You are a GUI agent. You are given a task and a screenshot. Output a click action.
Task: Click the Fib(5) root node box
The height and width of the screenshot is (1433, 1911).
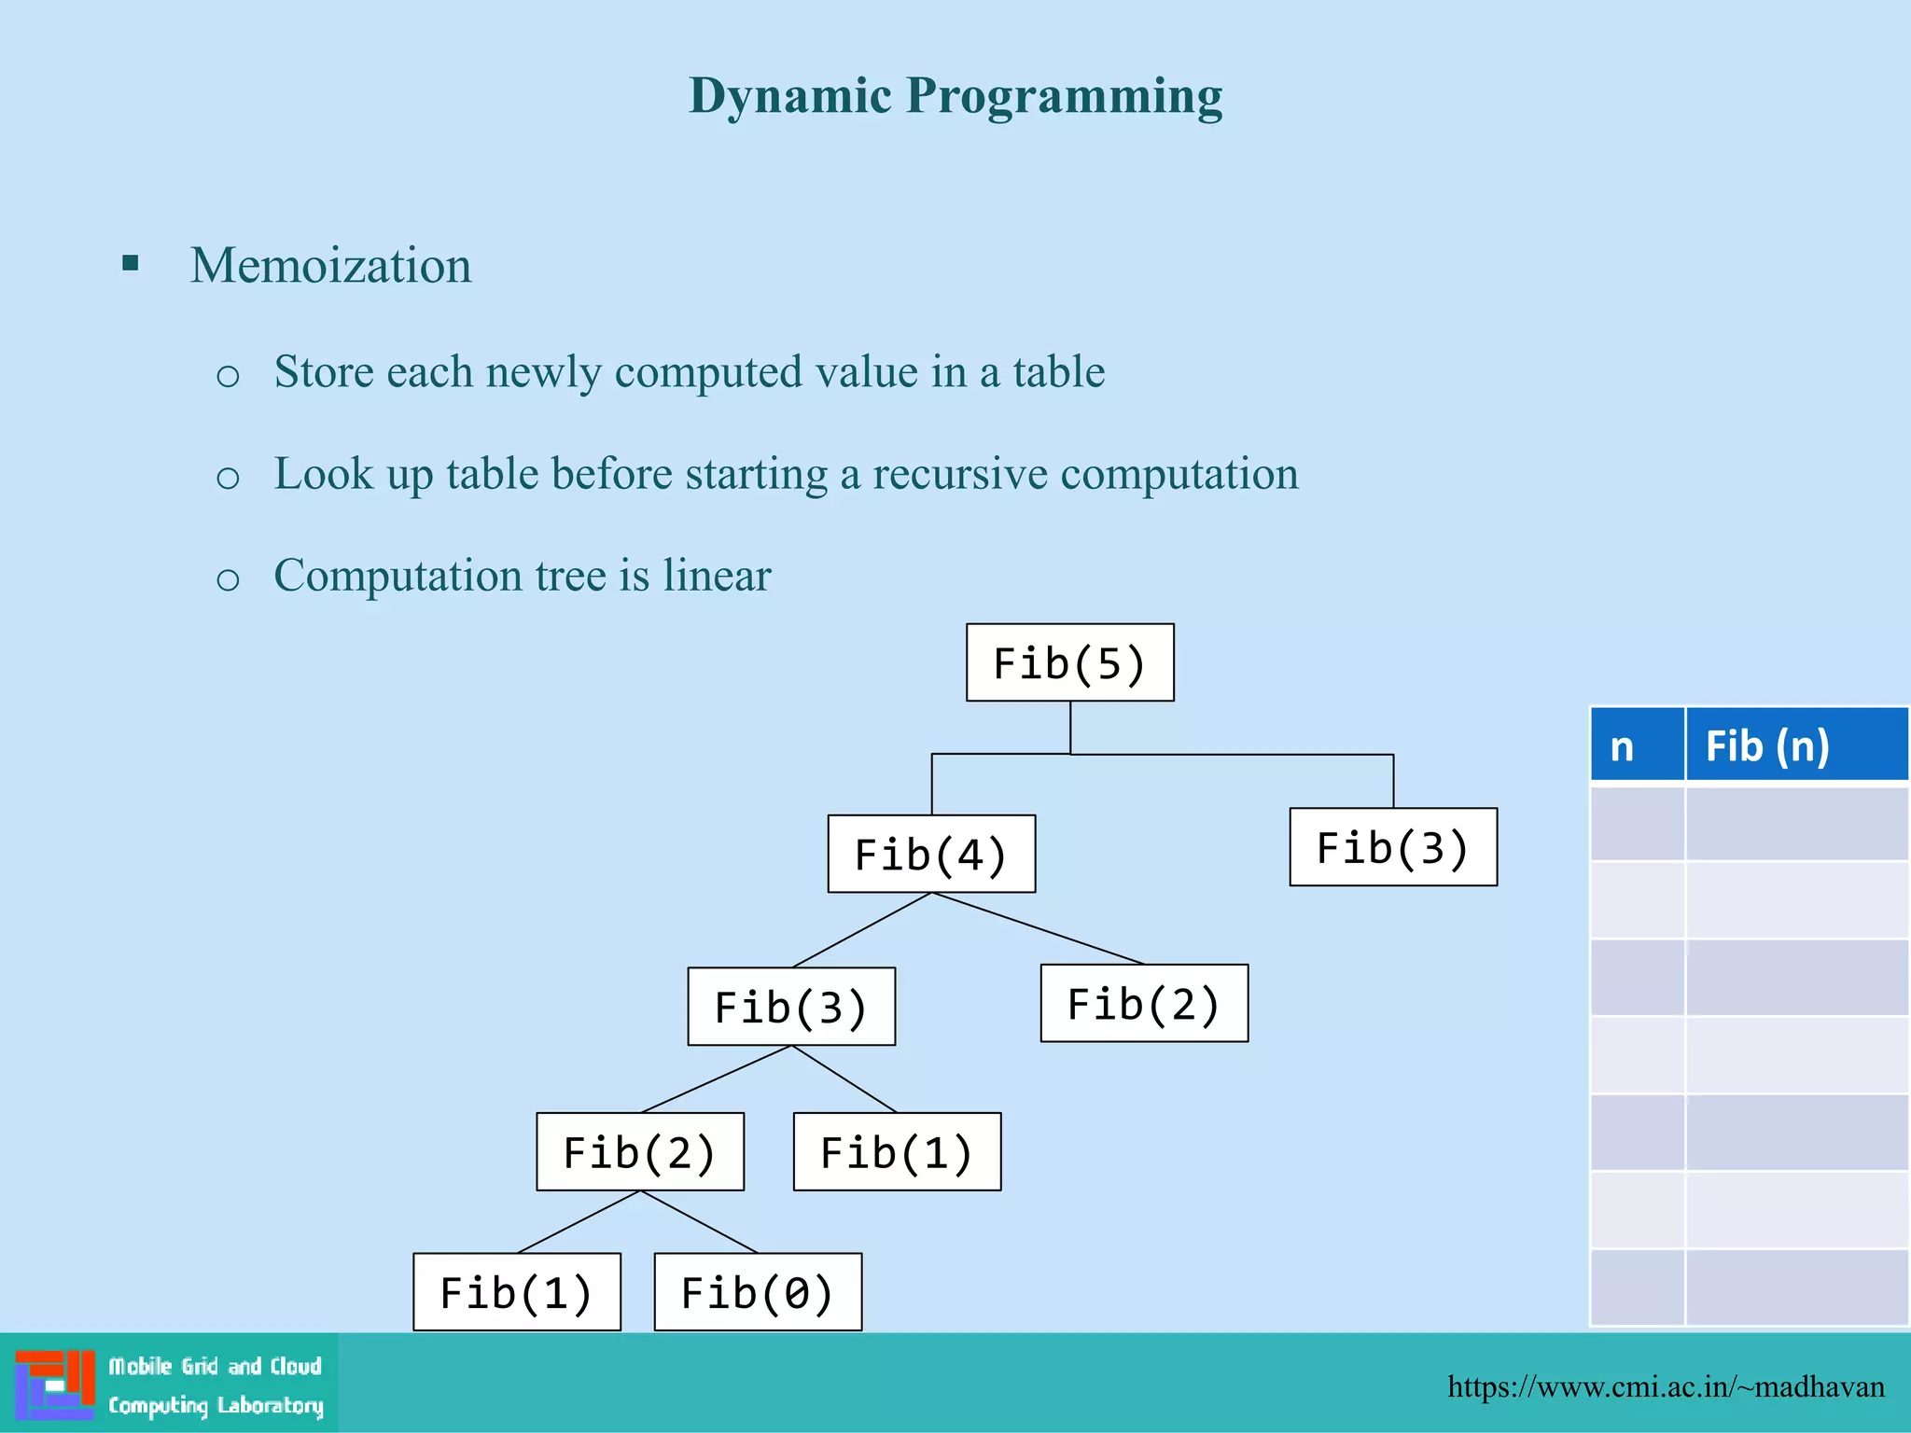[1069, 662]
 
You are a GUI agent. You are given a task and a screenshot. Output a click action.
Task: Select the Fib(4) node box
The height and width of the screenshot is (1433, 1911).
[931, 854]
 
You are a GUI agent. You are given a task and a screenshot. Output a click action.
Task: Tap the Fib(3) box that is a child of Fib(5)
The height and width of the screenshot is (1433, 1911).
[1393, 847]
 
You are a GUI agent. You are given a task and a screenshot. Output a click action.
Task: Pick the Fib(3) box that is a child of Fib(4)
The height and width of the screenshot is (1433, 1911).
[791, 1007]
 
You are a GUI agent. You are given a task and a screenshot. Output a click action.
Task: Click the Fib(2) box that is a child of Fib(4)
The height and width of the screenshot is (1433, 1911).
[1144, 1004]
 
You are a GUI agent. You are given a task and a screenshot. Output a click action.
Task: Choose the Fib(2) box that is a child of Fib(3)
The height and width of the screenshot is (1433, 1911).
[640, 1151]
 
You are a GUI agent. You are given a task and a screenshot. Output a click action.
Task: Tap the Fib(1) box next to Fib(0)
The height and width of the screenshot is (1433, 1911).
[517, 1292]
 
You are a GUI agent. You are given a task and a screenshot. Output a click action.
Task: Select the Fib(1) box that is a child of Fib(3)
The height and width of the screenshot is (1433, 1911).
[897, 1151]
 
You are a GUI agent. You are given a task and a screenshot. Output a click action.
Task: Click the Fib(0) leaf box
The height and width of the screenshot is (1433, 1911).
[758, 1292]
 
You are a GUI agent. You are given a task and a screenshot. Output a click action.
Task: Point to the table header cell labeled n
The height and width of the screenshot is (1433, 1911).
[1637, 745]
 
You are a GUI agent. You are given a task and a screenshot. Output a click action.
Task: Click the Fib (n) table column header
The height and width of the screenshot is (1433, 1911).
[1795, 745]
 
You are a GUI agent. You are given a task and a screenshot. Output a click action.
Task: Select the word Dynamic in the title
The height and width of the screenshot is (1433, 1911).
[790, 96]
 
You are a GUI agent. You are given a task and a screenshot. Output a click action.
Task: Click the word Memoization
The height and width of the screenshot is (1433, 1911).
[331, 266]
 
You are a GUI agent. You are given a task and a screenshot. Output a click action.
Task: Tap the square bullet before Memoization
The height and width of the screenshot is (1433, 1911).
[131, 264]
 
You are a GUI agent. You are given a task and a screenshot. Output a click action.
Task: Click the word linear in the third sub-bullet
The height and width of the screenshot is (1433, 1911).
[717, 576]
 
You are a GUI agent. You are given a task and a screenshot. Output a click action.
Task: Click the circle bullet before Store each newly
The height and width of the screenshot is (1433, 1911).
[228, 376]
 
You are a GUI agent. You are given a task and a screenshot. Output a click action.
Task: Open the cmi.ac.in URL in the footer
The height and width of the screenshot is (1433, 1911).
[1666, 1386]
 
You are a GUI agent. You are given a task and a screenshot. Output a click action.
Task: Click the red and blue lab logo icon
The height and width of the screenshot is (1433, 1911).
[54, 1384]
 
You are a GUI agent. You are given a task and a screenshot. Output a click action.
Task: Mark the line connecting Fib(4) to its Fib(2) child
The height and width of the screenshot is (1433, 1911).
[1038, 929]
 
